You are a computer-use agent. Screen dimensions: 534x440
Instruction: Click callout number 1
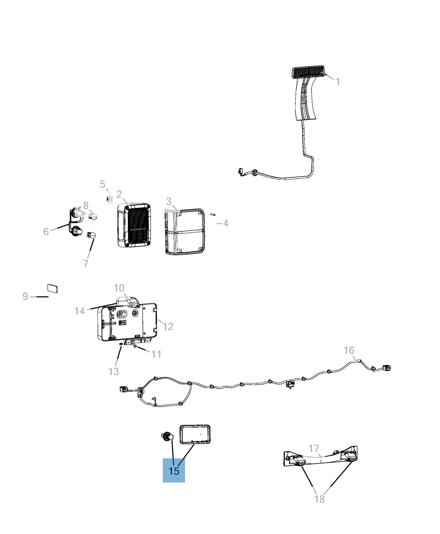[338, 81]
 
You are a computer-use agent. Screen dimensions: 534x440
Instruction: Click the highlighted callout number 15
[174, 471]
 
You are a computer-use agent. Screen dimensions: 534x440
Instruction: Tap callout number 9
[25, 296]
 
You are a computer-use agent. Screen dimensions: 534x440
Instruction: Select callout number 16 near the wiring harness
[349, 350]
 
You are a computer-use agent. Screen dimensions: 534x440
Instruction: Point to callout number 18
[319, 499]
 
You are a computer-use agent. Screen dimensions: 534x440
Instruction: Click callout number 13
[114, 371]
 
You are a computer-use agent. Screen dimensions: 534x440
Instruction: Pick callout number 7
[86, 263]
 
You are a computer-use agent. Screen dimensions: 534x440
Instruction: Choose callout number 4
[226, 223]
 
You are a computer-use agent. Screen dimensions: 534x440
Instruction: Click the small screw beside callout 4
[213, 215]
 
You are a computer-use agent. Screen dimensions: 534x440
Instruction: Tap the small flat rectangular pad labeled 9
[52, 288]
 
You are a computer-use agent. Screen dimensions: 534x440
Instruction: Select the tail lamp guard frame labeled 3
[185, 232]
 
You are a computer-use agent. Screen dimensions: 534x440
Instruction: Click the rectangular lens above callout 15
[195, 435]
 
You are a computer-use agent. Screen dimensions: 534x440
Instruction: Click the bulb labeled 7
[92, 235]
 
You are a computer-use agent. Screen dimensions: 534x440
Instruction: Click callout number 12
[168, 326]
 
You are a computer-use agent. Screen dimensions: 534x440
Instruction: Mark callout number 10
[119, 288]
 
